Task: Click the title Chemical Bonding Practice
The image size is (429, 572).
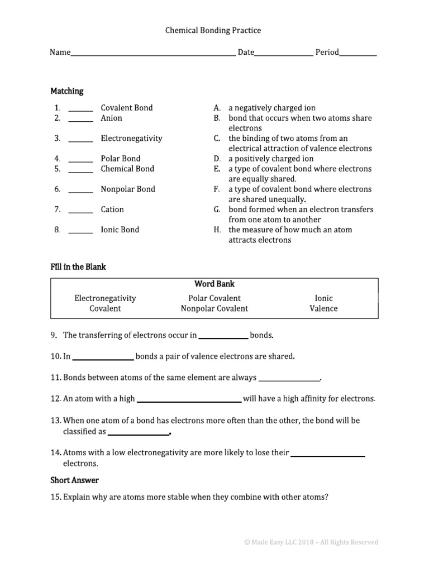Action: point(213,31)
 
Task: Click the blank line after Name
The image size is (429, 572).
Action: point(152,54)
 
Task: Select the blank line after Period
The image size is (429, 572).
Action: point(357,54)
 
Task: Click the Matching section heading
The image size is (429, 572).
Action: point(66,91)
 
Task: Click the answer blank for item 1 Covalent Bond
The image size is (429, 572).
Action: point(80,109)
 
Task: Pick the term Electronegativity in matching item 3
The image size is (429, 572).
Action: point(131,139)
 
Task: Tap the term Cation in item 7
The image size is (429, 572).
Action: point(112,209)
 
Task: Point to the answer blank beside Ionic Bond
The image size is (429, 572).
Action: point(80,231)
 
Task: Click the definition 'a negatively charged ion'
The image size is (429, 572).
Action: point(271,108)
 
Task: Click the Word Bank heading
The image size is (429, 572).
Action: point(214,284)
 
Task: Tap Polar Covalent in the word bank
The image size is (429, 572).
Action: point(214,298)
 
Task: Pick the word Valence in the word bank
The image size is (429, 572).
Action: point(323,308)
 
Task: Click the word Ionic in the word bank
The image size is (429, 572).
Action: point(323,298)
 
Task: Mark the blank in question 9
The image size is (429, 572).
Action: point(223,337)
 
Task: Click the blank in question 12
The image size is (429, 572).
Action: point(189,400)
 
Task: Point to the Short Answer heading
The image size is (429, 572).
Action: point(74,480)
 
